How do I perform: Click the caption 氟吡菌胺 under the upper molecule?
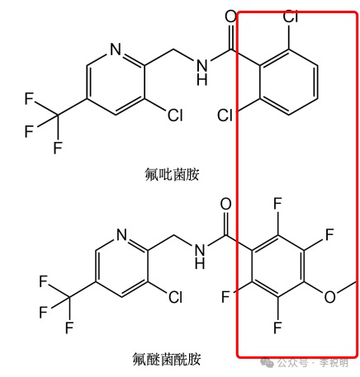(x=172, y=174)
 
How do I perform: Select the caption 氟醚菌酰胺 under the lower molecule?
(x=167, y=359)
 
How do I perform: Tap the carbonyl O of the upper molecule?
(x=230, y=16)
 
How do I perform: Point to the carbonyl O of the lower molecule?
(x=225, y=205)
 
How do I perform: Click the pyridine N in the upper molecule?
(x=116, y=49)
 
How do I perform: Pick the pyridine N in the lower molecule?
(x=121, y=234)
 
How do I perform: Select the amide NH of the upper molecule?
(x=202, y=73)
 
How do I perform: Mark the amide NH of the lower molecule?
(x=200, y=257)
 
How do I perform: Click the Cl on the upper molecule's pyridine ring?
(x=175, y=115)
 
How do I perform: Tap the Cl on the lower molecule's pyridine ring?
(x=175, y=297)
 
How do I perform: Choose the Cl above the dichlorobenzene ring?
(x=291, y=16)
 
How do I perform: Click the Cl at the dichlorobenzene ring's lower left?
(x=225, y=115)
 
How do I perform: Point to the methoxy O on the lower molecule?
(x=329, y=297)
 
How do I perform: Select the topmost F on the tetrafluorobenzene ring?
(x=277, y=204)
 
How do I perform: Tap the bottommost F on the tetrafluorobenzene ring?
(x=277, y=328)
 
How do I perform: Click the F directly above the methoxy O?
(x=329, y=234)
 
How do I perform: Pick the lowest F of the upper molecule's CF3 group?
(x=58, y=148)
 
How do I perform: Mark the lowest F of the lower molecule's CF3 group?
(x=69, y=328)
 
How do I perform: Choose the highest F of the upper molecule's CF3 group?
(x=29, y=99)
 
